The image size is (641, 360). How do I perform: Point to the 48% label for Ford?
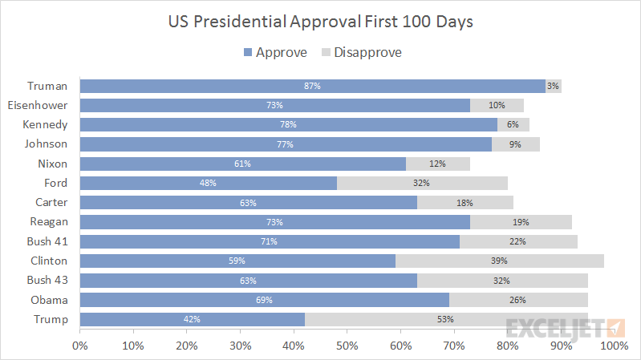tap(208, 183)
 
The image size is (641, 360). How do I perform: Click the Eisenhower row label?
tap(37, 105)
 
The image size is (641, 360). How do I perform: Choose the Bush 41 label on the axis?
tap(47, 241)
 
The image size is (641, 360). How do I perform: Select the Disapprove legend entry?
tap(361, 53)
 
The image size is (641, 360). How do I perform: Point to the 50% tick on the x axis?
tap(347, 346)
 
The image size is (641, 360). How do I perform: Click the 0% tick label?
tap(80, 346)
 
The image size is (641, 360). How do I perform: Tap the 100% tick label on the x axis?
tap(614, 346)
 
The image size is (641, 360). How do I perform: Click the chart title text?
tap(320, 22)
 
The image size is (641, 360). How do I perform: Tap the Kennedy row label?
tap(46, 124)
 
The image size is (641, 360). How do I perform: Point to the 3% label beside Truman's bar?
tap(553, 86)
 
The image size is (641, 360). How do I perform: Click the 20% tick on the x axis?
tap(186, 346)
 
